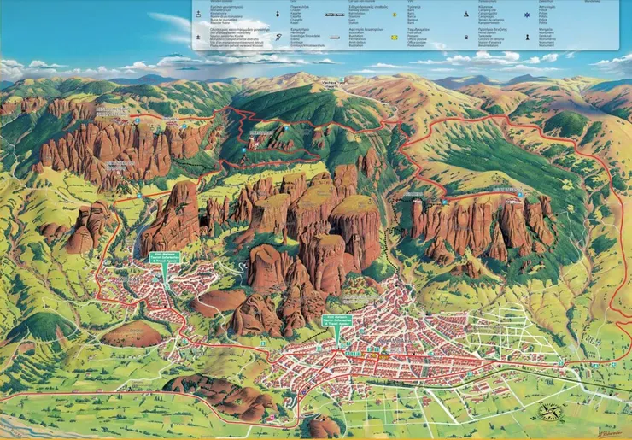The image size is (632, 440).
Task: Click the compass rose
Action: pyautogui.click(x=550, y=410)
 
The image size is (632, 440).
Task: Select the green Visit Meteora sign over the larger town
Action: pyautogui.click(x=336, y=322)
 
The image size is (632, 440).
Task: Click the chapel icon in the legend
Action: pyautogui.click(x=278, y=15)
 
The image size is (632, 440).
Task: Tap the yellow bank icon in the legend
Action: pyautogui.click(x=395, y=15)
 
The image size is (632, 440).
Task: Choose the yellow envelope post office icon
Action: pyautogui.click(x=395, y=37)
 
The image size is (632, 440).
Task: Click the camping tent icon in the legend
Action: pyautogui.click(x=465, y=15)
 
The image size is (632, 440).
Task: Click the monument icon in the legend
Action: pyautogui.click(x=552, y=37)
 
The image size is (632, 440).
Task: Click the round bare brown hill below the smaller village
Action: pyautogui.click(x=132, y=334)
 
